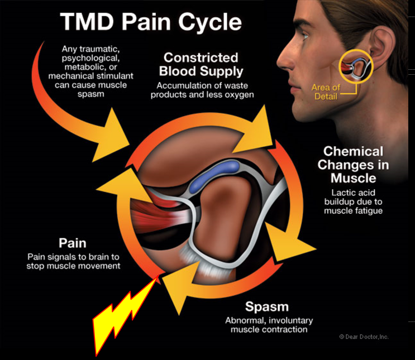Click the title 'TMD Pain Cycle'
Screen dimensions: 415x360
click(x=151, y=22)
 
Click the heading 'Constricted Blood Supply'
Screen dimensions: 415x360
click(x=201, y=64)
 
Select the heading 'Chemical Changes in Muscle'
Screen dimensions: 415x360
click(x=354, y=165)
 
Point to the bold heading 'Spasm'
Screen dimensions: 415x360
click(x=267, y=307)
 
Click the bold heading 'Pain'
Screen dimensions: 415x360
click(x=73, y=243)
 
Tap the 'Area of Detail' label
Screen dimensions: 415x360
click(x=326, y=92)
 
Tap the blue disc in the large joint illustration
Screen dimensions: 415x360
click(x=214, y=176)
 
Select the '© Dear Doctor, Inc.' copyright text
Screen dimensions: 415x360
click(x=364, y=337)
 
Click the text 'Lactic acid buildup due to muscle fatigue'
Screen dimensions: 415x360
click(x=354, y=201)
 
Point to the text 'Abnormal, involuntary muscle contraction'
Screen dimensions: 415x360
click(x=269, y=325)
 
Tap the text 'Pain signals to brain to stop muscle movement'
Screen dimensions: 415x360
click(x=73, y=261)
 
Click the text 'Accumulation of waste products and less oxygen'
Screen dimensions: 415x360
click(x=202, y=90)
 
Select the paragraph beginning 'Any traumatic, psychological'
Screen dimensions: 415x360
click(x=91, y=71)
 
